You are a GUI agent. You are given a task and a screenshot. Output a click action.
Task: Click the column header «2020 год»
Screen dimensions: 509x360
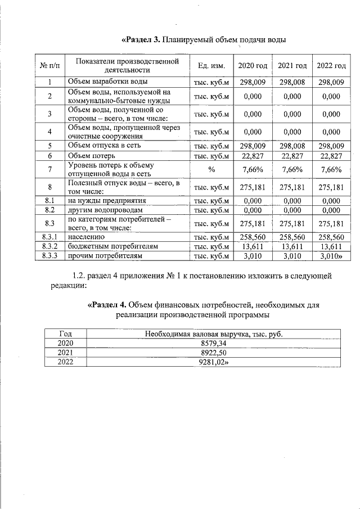point(253,66)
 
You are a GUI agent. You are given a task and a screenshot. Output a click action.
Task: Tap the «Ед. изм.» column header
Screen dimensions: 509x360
point(211,66)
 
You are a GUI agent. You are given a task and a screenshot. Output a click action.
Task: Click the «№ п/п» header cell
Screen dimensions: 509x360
point(49,66)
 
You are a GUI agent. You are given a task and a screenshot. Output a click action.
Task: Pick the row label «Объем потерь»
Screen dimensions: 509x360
point(92,155)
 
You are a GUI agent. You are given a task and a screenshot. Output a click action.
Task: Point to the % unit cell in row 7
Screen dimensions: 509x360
point(211,170)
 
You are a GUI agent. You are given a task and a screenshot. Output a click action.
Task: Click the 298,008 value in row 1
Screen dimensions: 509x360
point(292,82)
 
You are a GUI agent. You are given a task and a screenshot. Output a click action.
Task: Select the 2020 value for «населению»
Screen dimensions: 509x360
point(253,238)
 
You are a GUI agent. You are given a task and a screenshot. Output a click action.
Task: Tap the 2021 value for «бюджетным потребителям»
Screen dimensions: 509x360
point(292,247)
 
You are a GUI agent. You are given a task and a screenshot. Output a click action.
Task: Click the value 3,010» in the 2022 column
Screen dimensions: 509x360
point(331,256)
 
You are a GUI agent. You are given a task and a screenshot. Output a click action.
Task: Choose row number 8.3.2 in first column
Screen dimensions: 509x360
point(49,247)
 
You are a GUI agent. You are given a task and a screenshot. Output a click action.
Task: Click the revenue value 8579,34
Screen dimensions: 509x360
point(213,343)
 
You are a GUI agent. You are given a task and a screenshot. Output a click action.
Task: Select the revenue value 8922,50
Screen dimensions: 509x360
point(213,353)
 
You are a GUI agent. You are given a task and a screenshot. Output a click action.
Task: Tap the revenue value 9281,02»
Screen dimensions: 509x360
point(214,362)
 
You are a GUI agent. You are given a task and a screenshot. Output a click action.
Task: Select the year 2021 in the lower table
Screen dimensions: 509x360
point(66,353)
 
